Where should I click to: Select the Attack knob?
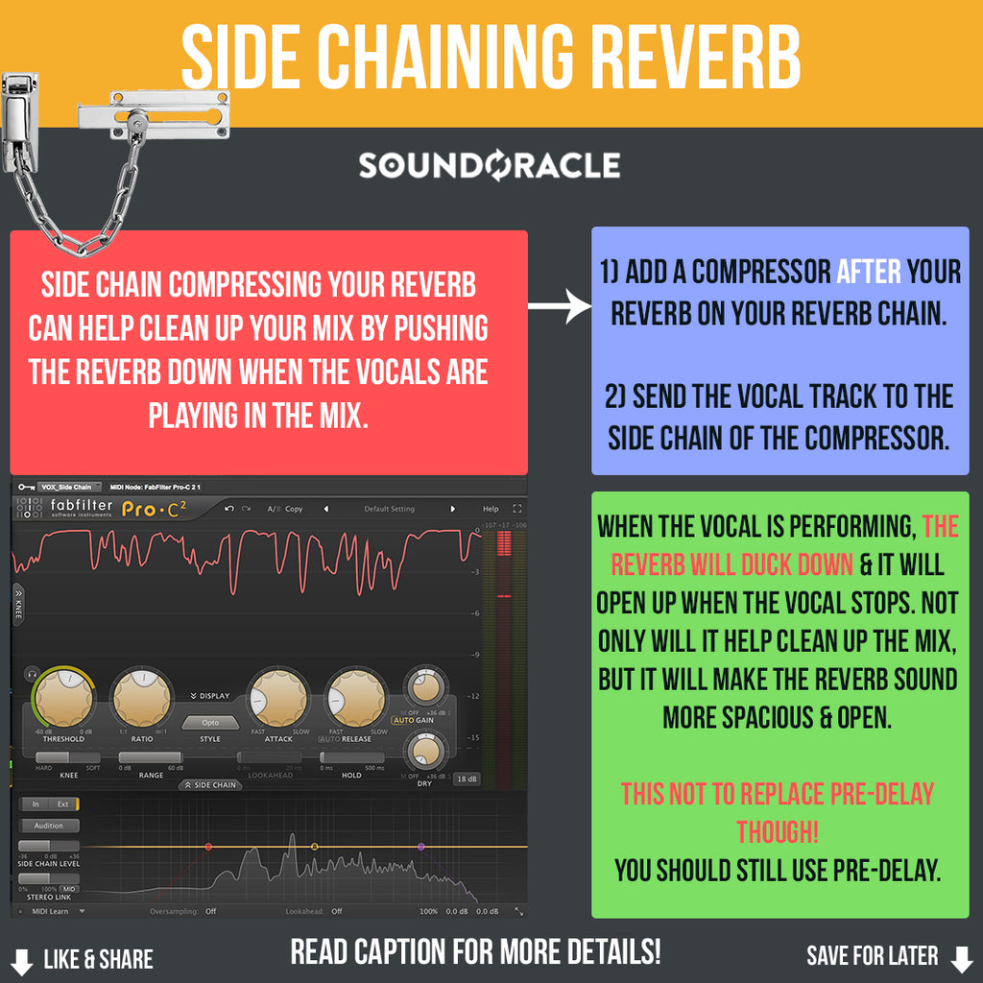278,698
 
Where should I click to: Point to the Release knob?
355,698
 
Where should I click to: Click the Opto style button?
210,722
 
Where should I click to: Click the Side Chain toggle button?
210,785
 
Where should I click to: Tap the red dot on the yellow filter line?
208,847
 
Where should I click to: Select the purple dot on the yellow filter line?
420,847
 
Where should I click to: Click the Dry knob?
422,751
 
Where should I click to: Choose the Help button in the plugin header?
491,509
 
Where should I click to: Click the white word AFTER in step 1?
868,273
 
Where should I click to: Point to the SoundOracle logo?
490,165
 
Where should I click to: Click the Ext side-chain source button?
63,804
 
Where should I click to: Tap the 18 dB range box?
467,779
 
